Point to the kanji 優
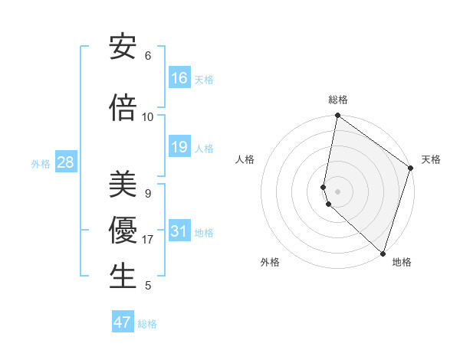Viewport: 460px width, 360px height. pyautogui.click(x=123, y=231)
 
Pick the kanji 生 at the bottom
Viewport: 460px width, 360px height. pyautogui.click(x=123, y=277)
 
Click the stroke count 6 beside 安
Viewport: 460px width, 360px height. pyautogui.click(x=148, y=56)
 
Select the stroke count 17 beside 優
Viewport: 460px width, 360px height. pyautogui.click(x=148, y=240)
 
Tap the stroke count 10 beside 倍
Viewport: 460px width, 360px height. pyautogui.click(x=148, y=117)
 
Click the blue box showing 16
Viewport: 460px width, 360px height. pyautogui.click(x=179, y=78)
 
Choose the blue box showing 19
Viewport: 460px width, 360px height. pyautogui.click(x=179, y=147)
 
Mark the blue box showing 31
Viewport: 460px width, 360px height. pyautogui.click(x=179, y=231)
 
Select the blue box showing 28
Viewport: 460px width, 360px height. pyautogui.click(x=65, y=162)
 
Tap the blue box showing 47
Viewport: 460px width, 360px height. pyautogui.click(x=123, y=322)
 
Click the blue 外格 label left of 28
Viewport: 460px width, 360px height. pyautogui.click(x=41, y=163)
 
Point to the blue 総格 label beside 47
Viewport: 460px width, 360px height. pyautogui.click(x=147, y=324)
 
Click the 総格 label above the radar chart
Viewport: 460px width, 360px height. pyautogui.click(x=337, y=100)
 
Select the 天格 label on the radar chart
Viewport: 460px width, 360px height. pyautogui.click(x=431, y=159)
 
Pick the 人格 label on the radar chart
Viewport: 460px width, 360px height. pyautogui.click(x=245, y=159)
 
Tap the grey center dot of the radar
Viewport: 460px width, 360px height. pyautogui.click(x=337, y=191)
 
